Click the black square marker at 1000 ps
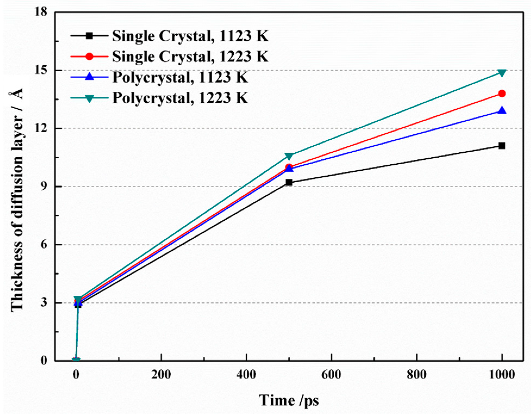click(x=502, y=146)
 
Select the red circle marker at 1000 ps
click(x=502, y=94)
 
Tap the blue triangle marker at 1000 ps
click(x=502, y=110)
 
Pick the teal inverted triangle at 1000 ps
click(x=502, y=73)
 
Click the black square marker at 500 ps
click(x=289, y=182)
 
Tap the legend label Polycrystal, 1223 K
click(x=180, y=98)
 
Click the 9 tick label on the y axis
click(x=43, y=187)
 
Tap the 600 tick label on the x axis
click(x=331, y=375)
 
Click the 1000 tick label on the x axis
click(x=502, y=375)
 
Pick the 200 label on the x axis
click(x=161, y=375)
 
